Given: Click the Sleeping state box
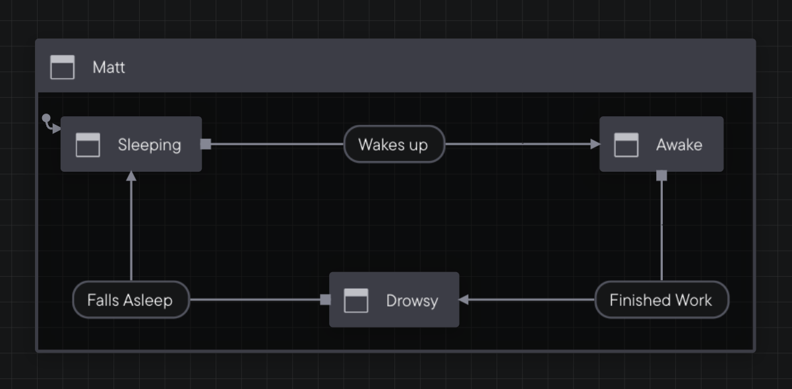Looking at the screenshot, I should point(131,144).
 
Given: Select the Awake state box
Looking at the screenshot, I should point(661,144).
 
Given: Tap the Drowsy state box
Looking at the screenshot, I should point(394,300).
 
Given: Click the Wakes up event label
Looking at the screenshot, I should point(394,144).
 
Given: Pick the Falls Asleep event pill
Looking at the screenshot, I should point(131,300).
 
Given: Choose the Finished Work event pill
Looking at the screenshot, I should point(661,300).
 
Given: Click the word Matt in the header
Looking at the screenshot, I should point(109,67).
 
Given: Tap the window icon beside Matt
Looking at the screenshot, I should point(63,67).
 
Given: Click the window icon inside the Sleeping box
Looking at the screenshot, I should point(88,145).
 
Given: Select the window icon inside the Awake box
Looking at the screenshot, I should point(626,145).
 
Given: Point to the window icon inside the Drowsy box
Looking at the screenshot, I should point(356,301).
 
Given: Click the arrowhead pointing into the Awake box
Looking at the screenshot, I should point(595,144).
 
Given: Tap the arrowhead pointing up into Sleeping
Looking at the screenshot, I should point(131,176).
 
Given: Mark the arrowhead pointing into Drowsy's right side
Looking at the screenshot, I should point(464,300).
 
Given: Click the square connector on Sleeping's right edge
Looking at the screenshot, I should point(206,144).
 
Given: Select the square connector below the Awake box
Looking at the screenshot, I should point(661,176).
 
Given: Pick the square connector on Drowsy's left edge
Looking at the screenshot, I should point(325,300).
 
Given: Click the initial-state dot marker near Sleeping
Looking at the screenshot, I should point(46,118).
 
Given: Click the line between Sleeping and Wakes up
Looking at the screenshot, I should point(277,144).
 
